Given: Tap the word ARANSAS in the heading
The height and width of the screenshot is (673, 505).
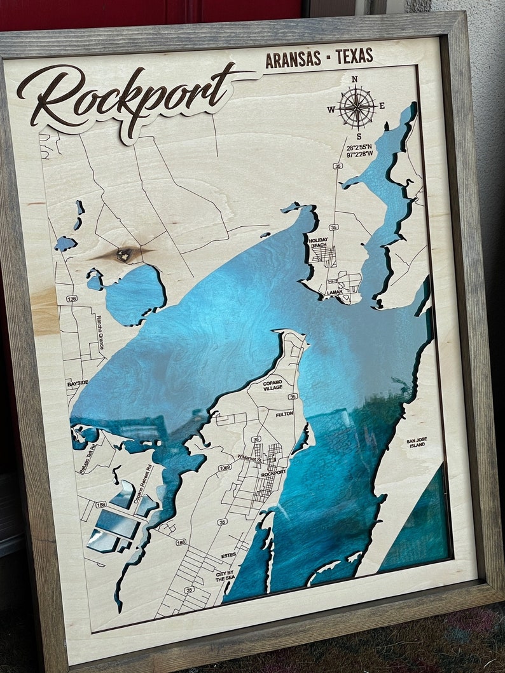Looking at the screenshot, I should (292, 60).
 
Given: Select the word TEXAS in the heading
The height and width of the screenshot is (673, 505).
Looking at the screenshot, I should (354, 57).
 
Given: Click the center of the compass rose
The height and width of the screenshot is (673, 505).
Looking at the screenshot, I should (357, 107).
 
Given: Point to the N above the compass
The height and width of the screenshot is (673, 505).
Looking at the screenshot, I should (354, 79).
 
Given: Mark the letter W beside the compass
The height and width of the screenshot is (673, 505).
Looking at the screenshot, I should (331, 109).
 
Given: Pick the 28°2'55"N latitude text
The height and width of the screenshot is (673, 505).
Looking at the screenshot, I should (360, 147).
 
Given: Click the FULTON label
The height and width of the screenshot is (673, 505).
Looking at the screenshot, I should (284, 414).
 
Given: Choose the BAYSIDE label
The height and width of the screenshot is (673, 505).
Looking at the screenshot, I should (78, 384).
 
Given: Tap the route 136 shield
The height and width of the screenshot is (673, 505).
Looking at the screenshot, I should (72, 298).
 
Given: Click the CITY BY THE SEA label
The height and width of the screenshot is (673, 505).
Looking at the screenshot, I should (224, 576).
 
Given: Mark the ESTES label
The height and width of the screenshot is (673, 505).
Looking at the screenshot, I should (228, 555).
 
